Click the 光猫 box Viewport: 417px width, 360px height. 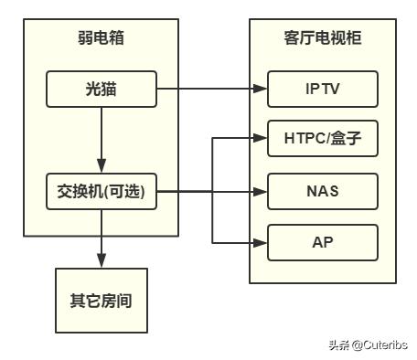pos(101,89)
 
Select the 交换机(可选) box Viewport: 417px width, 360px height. pos(101,192)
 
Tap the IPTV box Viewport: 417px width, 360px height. pos(322,89)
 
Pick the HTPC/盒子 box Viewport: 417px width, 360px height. pos(322,139)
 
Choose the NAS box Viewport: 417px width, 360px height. pos(322,192)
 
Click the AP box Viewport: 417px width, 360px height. pos(322,242)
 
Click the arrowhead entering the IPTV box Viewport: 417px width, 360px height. pos(261,89)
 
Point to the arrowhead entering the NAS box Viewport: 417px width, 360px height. pos(261,192)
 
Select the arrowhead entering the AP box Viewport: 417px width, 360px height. pos(261,242)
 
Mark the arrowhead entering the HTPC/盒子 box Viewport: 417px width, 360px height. pos(261,139)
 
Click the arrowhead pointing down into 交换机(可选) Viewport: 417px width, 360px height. pos(101,169)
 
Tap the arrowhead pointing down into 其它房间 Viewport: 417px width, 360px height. pos(101,262)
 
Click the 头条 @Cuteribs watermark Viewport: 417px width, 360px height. pos(367,344)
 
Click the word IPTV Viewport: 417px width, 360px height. pos(322,89)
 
